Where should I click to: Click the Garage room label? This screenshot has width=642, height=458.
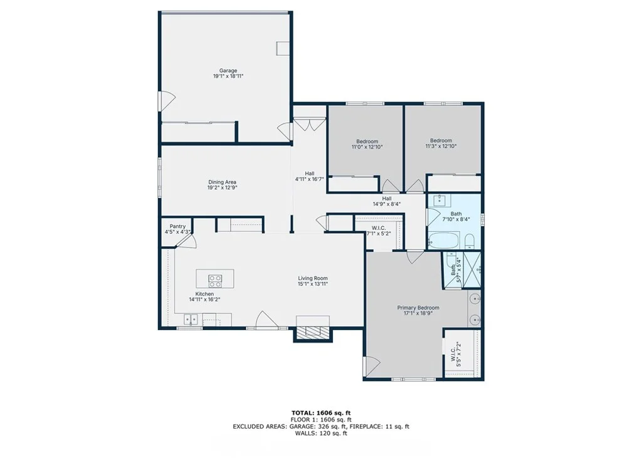[x=228, y=71]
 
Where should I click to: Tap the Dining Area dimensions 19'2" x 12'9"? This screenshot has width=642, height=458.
[x=223, y=188]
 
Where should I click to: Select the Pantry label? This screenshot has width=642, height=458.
[x=177, y=226]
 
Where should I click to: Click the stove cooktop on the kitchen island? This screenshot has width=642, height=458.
[x=216, y=281]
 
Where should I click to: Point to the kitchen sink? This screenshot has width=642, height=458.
[x=191, y=320]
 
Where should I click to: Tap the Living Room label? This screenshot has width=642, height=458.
[x=313, y=278]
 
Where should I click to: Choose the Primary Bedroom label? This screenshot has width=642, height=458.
[x=418, y=308]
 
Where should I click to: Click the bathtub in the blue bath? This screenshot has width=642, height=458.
[x=443, y=240]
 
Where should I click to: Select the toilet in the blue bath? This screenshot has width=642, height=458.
[x=470, y=241]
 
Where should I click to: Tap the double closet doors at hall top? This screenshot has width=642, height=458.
[x=310, y=124]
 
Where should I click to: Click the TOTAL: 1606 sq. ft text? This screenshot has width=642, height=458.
[x=321, y=413]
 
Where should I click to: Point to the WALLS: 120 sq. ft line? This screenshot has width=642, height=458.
[x=321, y=433]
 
